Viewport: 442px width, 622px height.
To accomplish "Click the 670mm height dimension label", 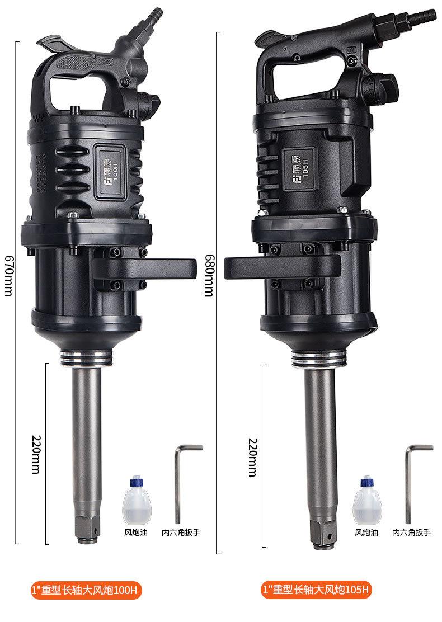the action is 8,275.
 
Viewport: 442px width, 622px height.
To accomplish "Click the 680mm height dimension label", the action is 209,275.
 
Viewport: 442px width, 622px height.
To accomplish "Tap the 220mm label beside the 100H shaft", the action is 36,454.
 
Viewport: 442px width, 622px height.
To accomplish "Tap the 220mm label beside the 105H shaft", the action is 253,457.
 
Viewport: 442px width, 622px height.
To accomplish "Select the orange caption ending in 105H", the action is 316,589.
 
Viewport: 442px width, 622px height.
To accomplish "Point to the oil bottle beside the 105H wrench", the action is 368,501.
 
